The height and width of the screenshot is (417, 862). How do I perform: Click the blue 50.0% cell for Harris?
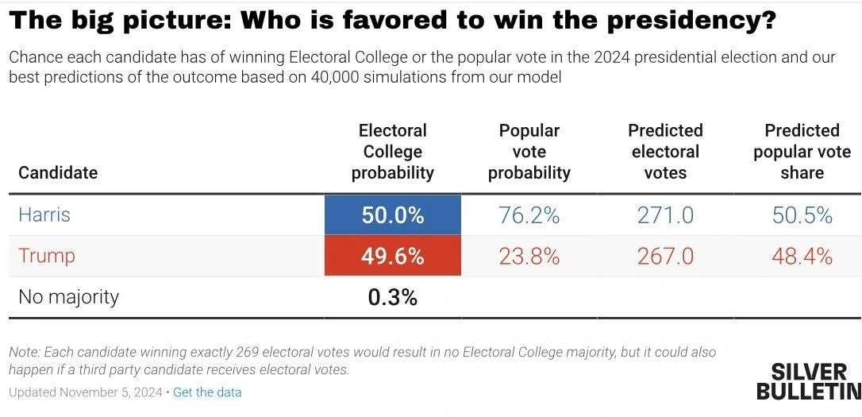392,215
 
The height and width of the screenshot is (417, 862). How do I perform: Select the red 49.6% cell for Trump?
392,256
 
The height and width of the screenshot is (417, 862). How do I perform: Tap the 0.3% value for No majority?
392,297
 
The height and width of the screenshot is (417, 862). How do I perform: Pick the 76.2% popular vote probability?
529,215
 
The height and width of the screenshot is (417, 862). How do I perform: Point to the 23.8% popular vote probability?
529,256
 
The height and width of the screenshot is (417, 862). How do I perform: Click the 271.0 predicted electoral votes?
665,215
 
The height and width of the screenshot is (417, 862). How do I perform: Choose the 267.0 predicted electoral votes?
665,256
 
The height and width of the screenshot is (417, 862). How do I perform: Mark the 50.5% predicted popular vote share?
802,215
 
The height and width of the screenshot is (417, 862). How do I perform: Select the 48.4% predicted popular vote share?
802,256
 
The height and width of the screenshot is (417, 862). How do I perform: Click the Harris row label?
44,215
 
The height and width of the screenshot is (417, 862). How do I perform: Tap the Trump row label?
47,256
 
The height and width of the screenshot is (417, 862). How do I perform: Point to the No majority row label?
68,297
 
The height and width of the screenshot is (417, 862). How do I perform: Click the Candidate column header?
58,172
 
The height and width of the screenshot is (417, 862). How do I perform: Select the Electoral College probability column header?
392,152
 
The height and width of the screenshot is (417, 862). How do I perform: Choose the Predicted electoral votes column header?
665,152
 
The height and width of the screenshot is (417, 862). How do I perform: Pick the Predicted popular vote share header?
802,152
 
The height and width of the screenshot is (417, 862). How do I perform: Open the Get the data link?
207,392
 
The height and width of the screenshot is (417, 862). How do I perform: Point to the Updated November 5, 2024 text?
85,392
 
